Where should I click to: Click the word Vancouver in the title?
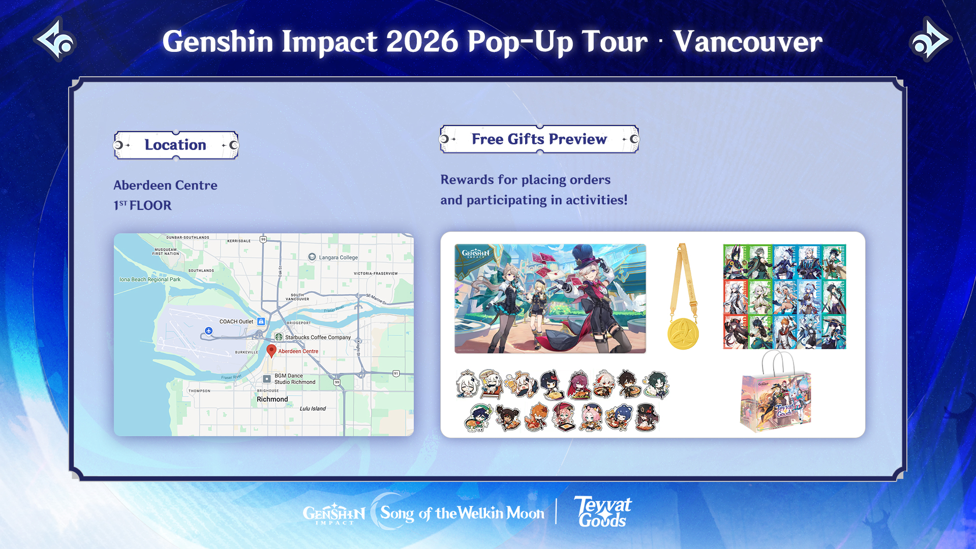pyautogui.click(x=748, y=42)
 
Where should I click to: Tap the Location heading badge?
pyautogui.click(x=176, y=145)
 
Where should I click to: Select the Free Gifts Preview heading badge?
pyautogui.click(x=539, y=139)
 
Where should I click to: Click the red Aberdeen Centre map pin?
pyautogui.click(x=271, y=350)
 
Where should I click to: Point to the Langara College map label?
pyautogui.click(x=338, y=257)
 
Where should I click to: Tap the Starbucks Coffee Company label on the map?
pyautogui.click(x=318, y=337)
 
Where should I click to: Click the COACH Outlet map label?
pyautogui.click(x=236, y=321)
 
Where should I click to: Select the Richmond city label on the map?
pyautogui.click(x=272, y=399)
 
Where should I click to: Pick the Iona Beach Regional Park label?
pyautogui.click(x=150, y=279)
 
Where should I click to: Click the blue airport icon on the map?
pyautogui.click(x=208, y=331)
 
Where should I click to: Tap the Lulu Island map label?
pyautogui.click(x=313, y=408)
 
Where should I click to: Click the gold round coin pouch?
pyautogui.click(x=683, y=333)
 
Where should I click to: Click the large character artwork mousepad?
pyautogui.click(x=550, y=298)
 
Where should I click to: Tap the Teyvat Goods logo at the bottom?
pyautogui.click(x=603, y=512)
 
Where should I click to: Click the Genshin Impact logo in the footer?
pyautogui.click(x=334, y=514)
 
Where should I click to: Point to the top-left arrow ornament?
pyautogui.click(x=55, y=40)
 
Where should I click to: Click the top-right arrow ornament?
pyautogui.click(x=929, y=40)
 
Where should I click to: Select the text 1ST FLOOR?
pyautogui.click(x=143, y=205)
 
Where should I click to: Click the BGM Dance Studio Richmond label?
pyautogui.click(x=294, y=379)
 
